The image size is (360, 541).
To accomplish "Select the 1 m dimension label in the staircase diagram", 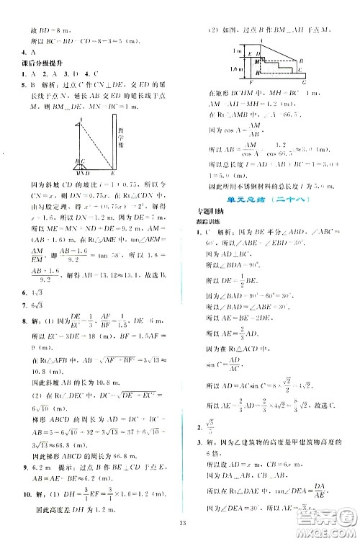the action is click(x=215, y=51).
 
